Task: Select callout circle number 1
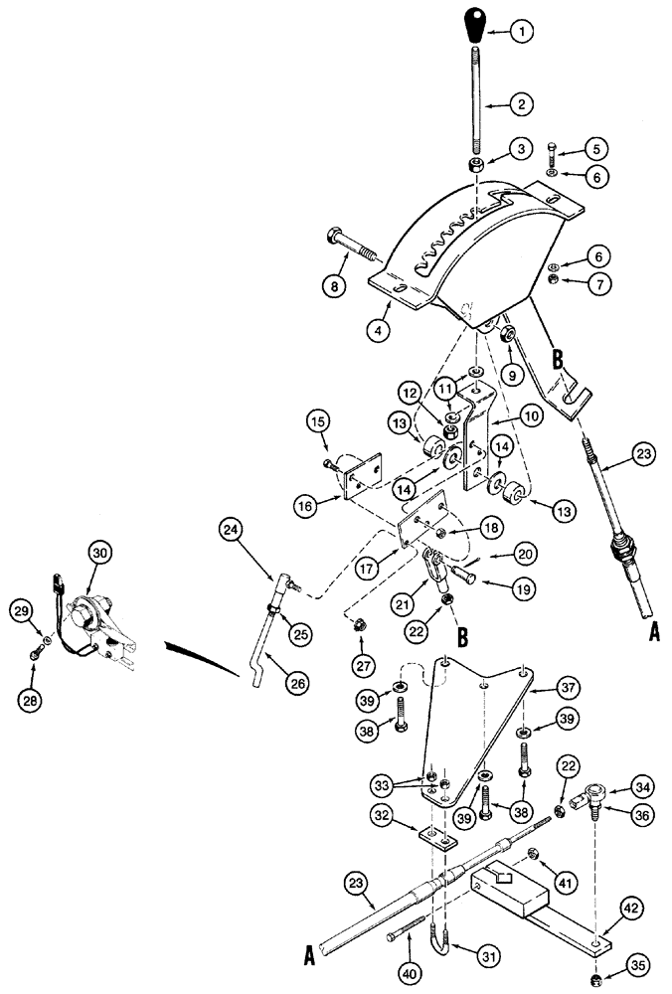click(525, 32)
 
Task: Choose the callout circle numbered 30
click(99, 554)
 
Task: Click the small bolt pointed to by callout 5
click(553, 154)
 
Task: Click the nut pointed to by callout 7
click(553, 281)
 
